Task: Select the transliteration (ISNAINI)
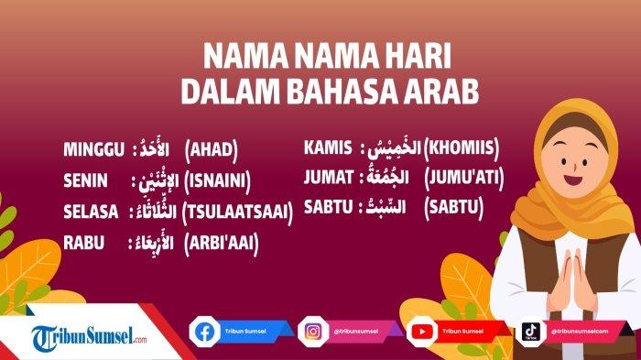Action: point(217,180)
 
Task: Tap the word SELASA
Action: point(91,212)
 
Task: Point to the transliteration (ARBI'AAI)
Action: point(221,243)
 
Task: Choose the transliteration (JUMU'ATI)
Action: point(463,176)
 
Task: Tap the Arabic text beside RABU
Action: point(152,243)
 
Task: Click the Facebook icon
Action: point(205,331)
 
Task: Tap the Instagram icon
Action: point(312,331)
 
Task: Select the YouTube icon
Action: point(420,331)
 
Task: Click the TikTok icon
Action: point(529,331)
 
